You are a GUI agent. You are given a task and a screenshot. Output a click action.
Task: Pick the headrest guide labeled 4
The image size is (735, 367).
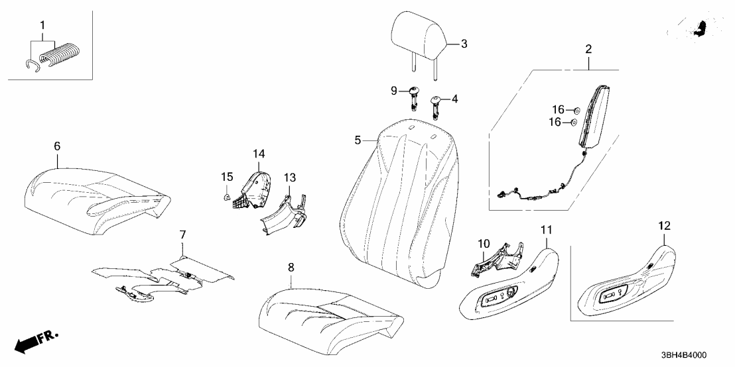(437, 103)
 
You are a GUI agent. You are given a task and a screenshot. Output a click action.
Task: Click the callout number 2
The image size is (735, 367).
(588, 49)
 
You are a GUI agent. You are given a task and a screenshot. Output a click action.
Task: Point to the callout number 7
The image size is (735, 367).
(182, 235)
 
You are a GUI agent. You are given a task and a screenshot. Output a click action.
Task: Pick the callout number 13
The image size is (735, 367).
(290, 177)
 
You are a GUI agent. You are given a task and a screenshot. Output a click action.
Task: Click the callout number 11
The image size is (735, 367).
(546, 231)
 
